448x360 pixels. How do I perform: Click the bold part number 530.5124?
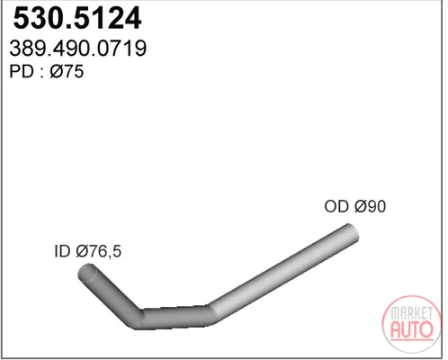[x=77, y=18]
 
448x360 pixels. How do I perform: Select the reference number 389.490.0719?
[x=78, y=49]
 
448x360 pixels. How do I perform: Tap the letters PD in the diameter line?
[x=22, y=72]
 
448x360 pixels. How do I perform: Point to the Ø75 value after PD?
[x=67, y=72]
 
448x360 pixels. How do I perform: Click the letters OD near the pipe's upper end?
[x=336, y=206]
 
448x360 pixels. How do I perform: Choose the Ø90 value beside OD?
[x=370, y=206]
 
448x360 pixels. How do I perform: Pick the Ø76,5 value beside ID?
[x=99, y=251]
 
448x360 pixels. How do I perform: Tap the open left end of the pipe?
[x=87, y=273]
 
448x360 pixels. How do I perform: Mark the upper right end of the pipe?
[x=350, y=232]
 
